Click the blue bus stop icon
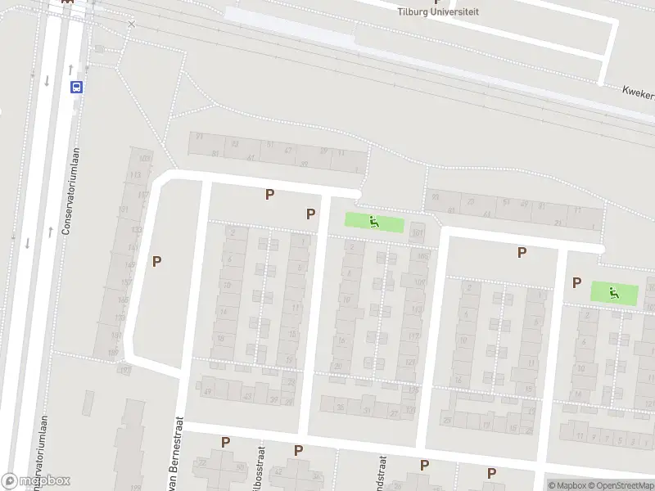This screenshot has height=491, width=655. (76, 87)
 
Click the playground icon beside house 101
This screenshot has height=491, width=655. (374, 221)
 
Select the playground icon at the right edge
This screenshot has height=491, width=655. (613, 292)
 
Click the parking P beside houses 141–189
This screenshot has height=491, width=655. (157, 261)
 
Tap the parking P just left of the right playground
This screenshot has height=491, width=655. (577, 282)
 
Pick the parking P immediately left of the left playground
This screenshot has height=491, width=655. (311, 214)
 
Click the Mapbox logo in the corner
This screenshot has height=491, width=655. (36, 481)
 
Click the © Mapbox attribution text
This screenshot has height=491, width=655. (566, 485)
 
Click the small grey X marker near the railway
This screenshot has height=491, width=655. (131, 25)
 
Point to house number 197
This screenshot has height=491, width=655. (124, 370)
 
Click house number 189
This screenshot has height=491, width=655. (113, 353)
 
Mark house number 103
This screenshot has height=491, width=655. (145, 158)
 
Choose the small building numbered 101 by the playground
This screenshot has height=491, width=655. (418, 233)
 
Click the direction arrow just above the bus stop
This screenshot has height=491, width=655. (70, 69)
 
